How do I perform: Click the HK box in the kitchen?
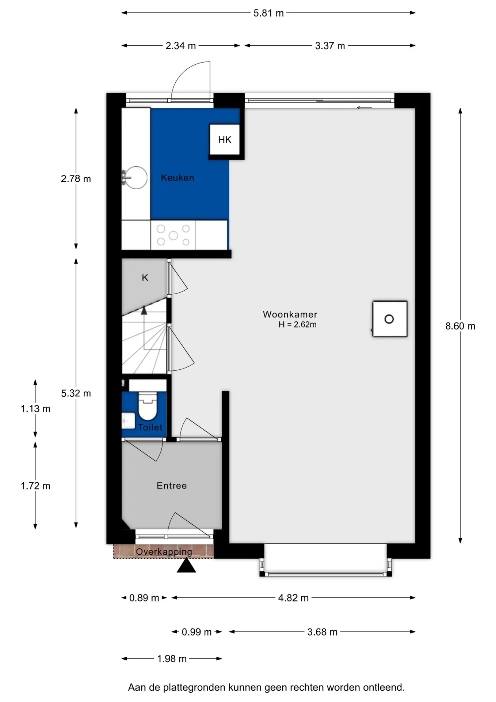coord(225,139)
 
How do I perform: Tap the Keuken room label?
coord(178,178)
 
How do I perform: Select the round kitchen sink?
coord(136,178)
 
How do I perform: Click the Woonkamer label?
coord(290,314)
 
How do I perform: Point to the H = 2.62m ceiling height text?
coord(297,325)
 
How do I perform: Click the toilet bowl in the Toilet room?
coord(148,405)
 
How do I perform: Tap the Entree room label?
coord(172,486)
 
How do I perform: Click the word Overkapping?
coord(164,552)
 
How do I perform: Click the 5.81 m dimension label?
coord(268,13)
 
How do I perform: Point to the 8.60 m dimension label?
coord(460,326)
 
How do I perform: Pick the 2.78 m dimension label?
coord(76,179)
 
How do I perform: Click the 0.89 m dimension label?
coord(144,598)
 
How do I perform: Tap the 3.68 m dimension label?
coord(322,632)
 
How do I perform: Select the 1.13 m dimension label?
coord(35,409)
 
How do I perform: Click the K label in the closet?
coord(145,278)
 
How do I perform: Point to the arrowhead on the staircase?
coord(144,310)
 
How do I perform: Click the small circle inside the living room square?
coord(389,319)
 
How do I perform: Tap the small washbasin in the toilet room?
coord(128,420)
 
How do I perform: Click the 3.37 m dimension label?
coord(330,46)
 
